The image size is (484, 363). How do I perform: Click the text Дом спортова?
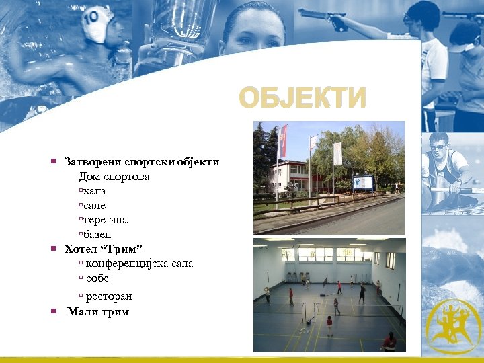114,177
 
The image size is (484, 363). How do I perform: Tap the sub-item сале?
94,206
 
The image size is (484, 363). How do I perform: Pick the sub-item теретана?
105,220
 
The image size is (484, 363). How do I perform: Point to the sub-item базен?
97,235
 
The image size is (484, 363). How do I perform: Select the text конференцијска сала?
139,264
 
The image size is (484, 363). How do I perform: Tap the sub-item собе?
97,278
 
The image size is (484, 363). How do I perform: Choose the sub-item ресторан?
108,296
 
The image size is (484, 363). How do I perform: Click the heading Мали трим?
98,312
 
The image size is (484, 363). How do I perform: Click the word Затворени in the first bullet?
91,162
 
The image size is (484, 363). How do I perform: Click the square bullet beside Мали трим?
53,311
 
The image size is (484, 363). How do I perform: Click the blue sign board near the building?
363,182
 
